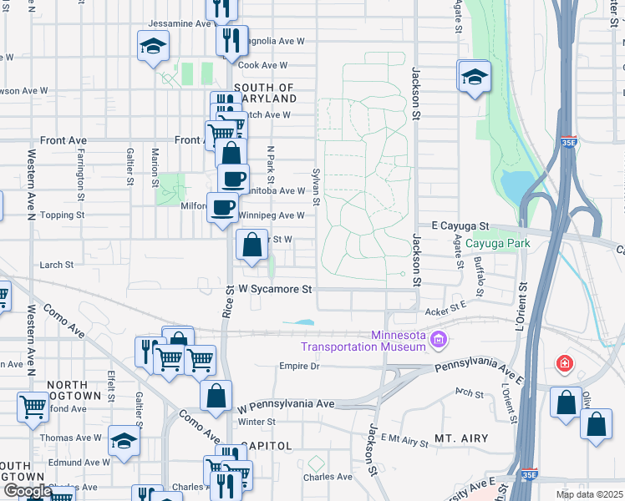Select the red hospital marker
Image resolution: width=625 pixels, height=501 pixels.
coord(566,364)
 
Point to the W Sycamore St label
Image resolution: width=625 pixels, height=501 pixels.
coord(275,289)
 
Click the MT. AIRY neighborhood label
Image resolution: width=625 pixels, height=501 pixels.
coord(460,438)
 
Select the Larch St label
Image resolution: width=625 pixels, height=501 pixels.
coord(57,265)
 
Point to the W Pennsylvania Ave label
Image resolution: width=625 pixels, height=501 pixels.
coord(286,405)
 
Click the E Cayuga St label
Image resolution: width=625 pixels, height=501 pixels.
coord(460,226)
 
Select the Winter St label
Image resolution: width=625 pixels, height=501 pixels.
coord(256,422)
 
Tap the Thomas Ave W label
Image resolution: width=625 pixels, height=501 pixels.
coord(70,437)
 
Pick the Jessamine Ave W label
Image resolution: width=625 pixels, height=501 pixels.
coord(177,23)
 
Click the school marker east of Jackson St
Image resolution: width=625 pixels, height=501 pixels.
coord(474,78)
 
